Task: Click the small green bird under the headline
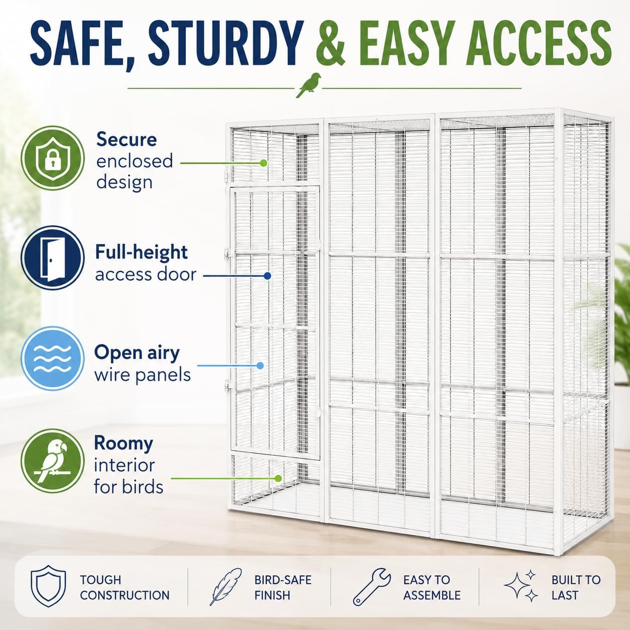[308, 85]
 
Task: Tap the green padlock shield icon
[53, 158]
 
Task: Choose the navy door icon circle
[53, 258]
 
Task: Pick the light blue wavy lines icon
[53, 359]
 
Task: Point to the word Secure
[127, 139]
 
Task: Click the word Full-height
[141, 252]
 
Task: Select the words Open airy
[137, 353]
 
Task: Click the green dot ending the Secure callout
[264, 163]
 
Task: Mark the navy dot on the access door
[267, 276]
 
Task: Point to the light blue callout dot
[260, 366]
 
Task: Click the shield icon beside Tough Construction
[48, 585]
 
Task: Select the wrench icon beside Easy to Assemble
[372, 586]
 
